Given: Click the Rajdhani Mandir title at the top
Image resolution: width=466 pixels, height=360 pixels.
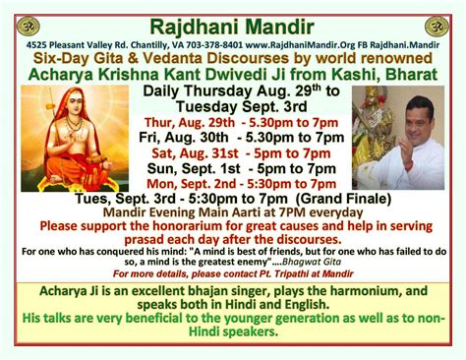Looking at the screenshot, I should [233, 22].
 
